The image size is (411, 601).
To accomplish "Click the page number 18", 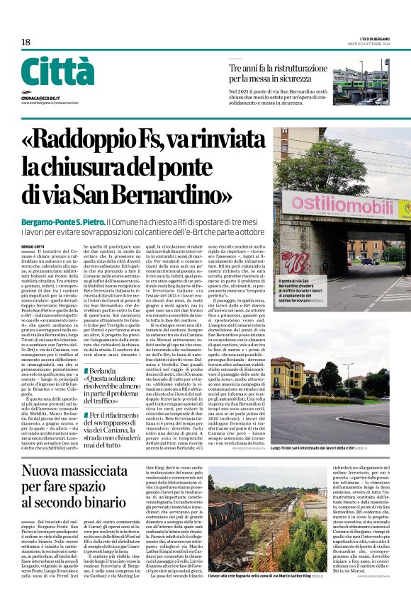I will [x=26, y=42].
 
